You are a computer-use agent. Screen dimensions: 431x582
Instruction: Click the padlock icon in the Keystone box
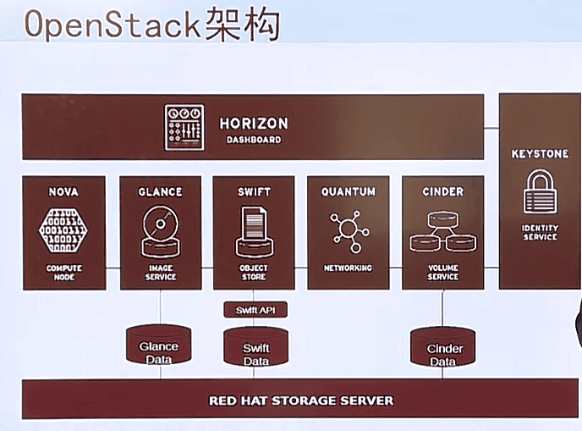(x=540, y=193)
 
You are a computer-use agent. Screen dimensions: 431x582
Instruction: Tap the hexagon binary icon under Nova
(x=63, y=230)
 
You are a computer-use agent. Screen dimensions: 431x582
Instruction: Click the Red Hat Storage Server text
(x=301, y=400)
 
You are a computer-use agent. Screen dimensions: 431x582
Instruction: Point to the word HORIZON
(x=253, y=124)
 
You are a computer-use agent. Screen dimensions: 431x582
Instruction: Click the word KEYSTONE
(x=540, y=154)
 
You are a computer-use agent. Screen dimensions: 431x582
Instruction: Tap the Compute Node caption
(x=64, y=272)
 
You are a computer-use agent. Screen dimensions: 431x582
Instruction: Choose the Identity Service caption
(x=540, y=233)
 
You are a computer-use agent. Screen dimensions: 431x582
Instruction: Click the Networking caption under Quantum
(x=348, y=268)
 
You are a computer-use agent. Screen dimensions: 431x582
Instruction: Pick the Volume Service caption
(x=442, y=272)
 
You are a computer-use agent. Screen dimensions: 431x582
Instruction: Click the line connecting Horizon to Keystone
(x=491, y=128)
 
